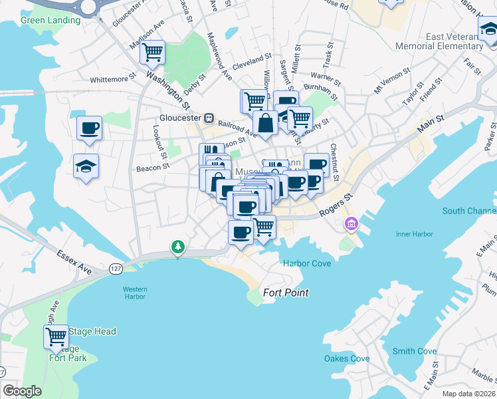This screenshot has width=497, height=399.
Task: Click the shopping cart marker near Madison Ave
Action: pyautogui.click(x=153, y=52)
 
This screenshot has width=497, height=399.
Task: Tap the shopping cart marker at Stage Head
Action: pyautogui.click(x=56, y=336)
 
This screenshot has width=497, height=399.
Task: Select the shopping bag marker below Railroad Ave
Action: pyautogui.click(x=265, y=124)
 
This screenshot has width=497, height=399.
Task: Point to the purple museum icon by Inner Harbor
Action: pyautogui.click(x=350, y=224)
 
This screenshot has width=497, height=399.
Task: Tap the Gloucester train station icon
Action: pyautogui.click(x=209, y=118)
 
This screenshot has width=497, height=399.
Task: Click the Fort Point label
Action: pyautogui.click(x=286, y=293)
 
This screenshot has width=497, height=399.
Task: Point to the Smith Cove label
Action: pyautogui.click(x=414, y=351)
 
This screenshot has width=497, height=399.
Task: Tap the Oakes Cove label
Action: pyautogui.click(x=347, y=359)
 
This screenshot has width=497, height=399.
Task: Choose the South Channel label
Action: pyautogui.click(x=469, y=211)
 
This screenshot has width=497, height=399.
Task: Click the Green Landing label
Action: pyautogui.click(x=50, y=20)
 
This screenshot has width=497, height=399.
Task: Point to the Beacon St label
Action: pyautogui.click(x=150, y=169)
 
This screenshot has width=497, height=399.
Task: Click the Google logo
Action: pyautogui.click(x=23, y=391)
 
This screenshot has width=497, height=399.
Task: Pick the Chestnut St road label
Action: pyautogui.click(x=334, y=162)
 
